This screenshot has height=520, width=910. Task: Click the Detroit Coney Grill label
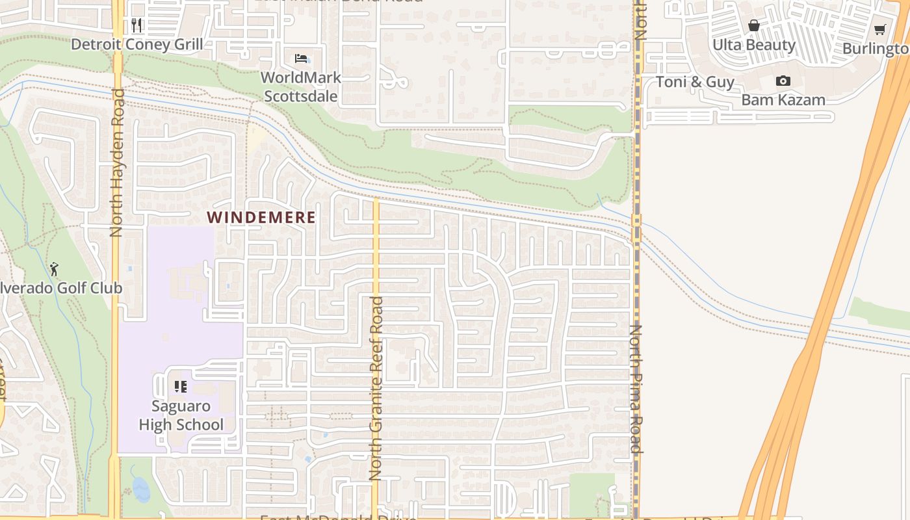point(136,44)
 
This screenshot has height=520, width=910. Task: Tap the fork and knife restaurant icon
point(136,25)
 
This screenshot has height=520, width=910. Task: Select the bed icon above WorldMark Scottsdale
point(301,58)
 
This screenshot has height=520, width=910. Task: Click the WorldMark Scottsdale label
point(300,87)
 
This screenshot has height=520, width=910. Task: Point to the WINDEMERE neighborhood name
point(261,217)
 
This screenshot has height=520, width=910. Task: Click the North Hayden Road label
point(117,162)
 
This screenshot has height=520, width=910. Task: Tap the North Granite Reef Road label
point(376,389)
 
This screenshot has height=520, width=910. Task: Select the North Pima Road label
point(636,389)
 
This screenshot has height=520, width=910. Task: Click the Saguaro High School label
point(181,415)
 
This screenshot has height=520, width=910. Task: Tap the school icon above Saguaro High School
point(181,387)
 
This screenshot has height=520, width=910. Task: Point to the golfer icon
point(54,268)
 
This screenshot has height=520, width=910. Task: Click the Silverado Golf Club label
point(61,287)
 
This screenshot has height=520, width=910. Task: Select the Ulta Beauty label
point(754,45)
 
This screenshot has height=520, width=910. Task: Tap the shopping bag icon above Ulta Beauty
point(754,26)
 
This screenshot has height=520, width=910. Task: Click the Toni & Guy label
point(695,82)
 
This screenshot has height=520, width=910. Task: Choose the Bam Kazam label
point(783,99)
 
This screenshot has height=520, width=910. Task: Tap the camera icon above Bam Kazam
point(783,81)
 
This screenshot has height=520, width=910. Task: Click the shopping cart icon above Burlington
point(880,29)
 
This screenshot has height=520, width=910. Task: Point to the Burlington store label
point(876,49)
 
